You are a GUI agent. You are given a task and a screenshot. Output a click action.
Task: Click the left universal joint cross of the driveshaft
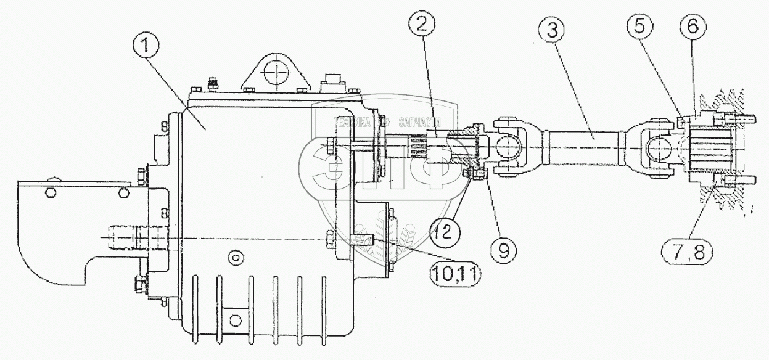(508, 148)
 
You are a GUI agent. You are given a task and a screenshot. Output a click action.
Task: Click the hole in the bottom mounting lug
(235, 320)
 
